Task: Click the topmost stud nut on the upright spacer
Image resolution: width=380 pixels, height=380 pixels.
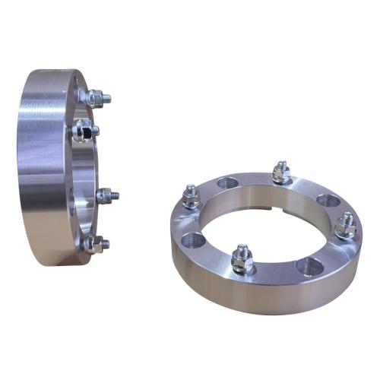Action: coord(95,97)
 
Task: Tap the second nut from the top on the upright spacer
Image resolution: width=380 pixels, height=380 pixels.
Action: coord(82,131)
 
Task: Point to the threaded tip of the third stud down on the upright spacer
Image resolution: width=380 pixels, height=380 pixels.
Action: coord(115,195)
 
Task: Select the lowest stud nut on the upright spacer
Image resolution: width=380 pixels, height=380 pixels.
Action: coord(93,243)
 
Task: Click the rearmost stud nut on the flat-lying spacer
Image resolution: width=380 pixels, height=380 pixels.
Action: coord(280,174)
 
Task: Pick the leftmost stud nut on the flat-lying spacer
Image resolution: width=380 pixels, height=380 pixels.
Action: coord(191,199)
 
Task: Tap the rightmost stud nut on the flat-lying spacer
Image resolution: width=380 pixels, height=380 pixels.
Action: coord(346,226)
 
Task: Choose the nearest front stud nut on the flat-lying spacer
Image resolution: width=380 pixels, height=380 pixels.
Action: coord(242,261)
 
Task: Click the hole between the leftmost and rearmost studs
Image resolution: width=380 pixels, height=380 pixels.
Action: coord(226,182)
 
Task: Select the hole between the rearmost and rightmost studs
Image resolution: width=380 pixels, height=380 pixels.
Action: coord(328,200)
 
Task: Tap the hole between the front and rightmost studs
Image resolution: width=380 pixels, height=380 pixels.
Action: coord(309,266)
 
